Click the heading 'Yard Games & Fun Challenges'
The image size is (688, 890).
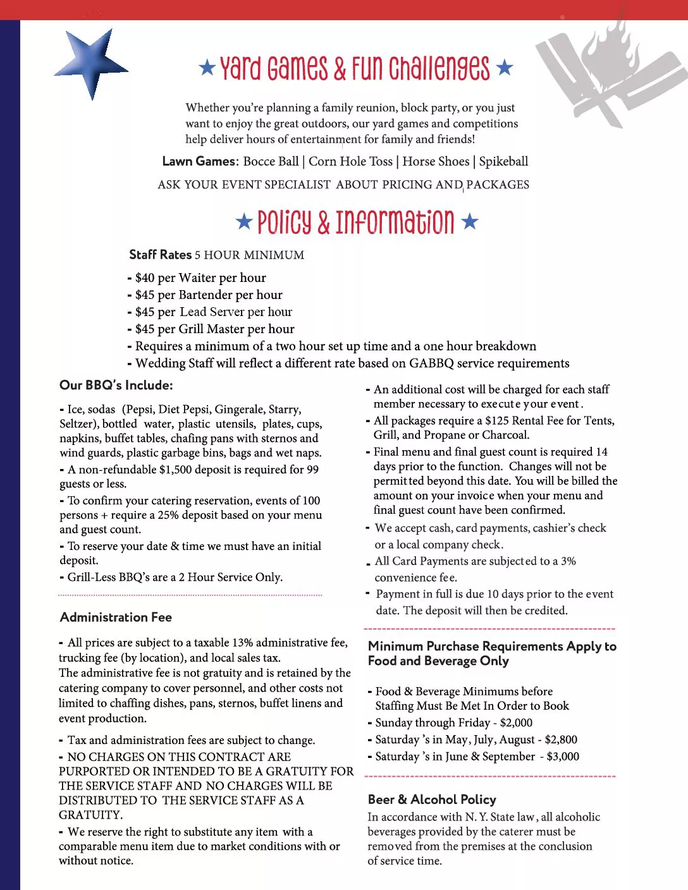tap(355, 68)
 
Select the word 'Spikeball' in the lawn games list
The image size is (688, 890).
tap(503, 161)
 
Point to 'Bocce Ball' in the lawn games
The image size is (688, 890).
tap(271, 161)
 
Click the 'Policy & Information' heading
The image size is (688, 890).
tap(356, 222)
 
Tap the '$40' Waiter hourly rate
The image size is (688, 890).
tap(145, 277)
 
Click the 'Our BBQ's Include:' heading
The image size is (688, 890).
tap(116, 385)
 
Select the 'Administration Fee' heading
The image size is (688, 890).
tap(116, 617)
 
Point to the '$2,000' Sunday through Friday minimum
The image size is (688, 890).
tap(516, 722)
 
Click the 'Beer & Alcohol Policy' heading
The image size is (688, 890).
tap(432, 800)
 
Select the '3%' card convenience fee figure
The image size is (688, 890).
tap(568, 561)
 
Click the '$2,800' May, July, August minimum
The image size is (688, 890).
tap(561, 740)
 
